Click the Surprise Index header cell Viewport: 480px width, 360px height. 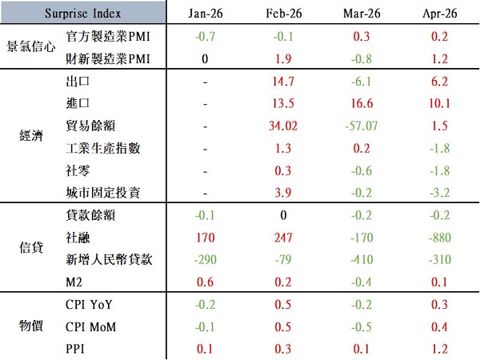click(82, 13)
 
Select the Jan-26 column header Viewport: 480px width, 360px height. click(205, 13)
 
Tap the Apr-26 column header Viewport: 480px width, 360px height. click(439, 13)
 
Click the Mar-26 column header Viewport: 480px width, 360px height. click(362, 13)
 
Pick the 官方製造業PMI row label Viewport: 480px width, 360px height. click(108, 37)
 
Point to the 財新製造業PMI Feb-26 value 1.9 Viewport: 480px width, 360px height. click(283, 58)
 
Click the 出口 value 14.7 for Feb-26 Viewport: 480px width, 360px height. click(283, 82)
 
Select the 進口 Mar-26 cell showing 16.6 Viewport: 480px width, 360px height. click(362, 103)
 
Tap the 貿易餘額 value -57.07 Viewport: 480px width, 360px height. click(362, 126)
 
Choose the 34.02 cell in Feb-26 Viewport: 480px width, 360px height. click(283, 126)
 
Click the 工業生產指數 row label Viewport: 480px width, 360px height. click(103, 148)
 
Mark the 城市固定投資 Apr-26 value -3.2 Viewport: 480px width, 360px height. click(439, 193)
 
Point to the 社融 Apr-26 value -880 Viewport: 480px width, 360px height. click(439, 238)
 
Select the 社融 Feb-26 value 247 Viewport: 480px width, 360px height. click(283, 238)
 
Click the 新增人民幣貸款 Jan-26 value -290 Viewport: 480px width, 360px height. click(205, 259)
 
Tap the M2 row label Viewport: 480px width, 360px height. click(74, 282)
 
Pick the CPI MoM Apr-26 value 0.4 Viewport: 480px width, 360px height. click(439, 327)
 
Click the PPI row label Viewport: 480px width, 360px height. click(74, 349)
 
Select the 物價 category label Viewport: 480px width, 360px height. click(31, 326)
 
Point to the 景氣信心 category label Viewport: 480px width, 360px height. click(31, 46)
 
